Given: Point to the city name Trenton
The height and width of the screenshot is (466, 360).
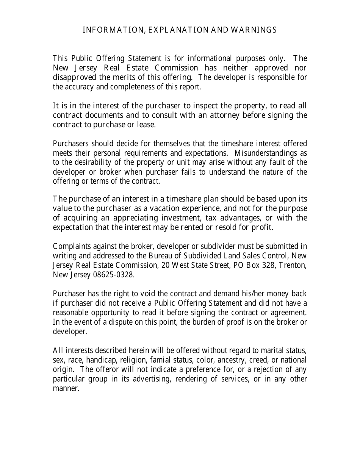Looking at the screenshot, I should [x=293, y=265].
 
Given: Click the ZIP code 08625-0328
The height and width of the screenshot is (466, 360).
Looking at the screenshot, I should [x=113, y=275].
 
